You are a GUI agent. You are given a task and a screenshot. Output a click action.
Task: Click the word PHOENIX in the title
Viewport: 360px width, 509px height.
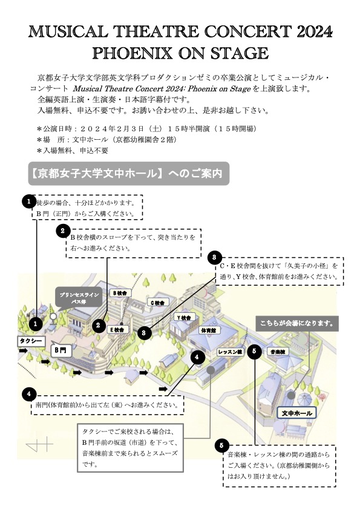[x=132, y=53]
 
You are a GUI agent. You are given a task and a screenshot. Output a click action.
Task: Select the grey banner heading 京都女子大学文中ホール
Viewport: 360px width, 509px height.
[x=129, y=174]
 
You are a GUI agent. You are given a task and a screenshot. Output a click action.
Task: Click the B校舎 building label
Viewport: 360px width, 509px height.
[x=120, y=293]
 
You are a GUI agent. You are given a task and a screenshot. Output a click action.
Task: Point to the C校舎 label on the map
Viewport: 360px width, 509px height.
[x=158, y=303]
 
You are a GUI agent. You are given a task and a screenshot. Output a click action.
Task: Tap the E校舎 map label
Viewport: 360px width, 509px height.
[x=118, y=329]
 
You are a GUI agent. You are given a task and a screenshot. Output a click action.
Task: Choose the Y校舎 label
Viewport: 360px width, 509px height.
[x=184, y=318]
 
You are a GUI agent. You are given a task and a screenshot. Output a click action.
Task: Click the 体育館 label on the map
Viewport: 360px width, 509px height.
[x=209, y=330]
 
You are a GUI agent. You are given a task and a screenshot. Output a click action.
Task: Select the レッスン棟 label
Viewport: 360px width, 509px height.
[x=230, y=352]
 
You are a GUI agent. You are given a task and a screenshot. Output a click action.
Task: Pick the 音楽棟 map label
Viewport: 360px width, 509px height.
[x=278, y=352]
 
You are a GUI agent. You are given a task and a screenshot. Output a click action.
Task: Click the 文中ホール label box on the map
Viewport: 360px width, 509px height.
[x=296, y=413]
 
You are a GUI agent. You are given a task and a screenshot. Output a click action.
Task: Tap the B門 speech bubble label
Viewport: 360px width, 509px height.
[x=61, y=350]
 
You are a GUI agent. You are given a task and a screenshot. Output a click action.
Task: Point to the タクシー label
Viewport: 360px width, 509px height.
[x=31, y=341]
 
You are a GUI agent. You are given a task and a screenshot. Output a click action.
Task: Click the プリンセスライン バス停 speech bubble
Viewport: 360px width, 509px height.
[x=79, y=298]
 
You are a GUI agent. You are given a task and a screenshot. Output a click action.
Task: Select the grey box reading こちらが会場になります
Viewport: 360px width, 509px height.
[x=297, y=323]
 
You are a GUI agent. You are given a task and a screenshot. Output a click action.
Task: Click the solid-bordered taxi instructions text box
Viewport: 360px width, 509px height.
[x=130, y=448]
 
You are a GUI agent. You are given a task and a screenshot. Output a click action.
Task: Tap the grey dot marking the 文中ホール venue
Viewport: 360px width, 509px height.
[x=291, y=396]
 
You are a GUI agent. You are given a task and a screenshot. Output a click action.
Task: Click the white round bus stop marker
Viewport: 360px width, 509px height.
[x=53, y=316]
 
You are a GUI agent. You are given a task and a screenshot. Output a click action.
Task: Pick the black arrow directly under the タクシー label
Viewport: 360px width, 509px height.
[x=23, y=351]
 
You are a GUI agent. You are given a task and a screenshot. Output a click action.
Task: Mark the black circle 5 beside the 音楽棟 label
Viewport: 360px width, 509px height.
[x=254, y=351]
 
